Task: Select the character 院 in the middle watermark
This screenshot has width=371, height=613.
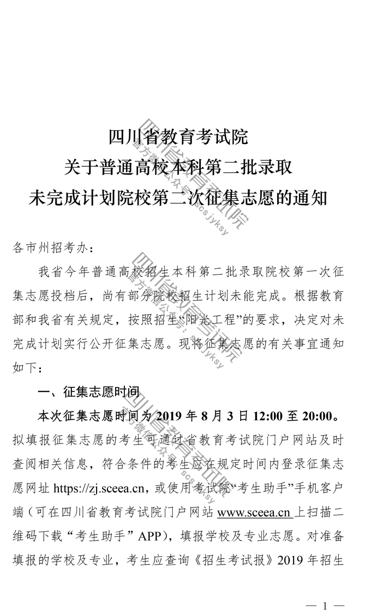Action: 232,353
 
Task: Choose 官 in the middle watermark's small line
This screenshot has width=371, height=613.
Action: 131,277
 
